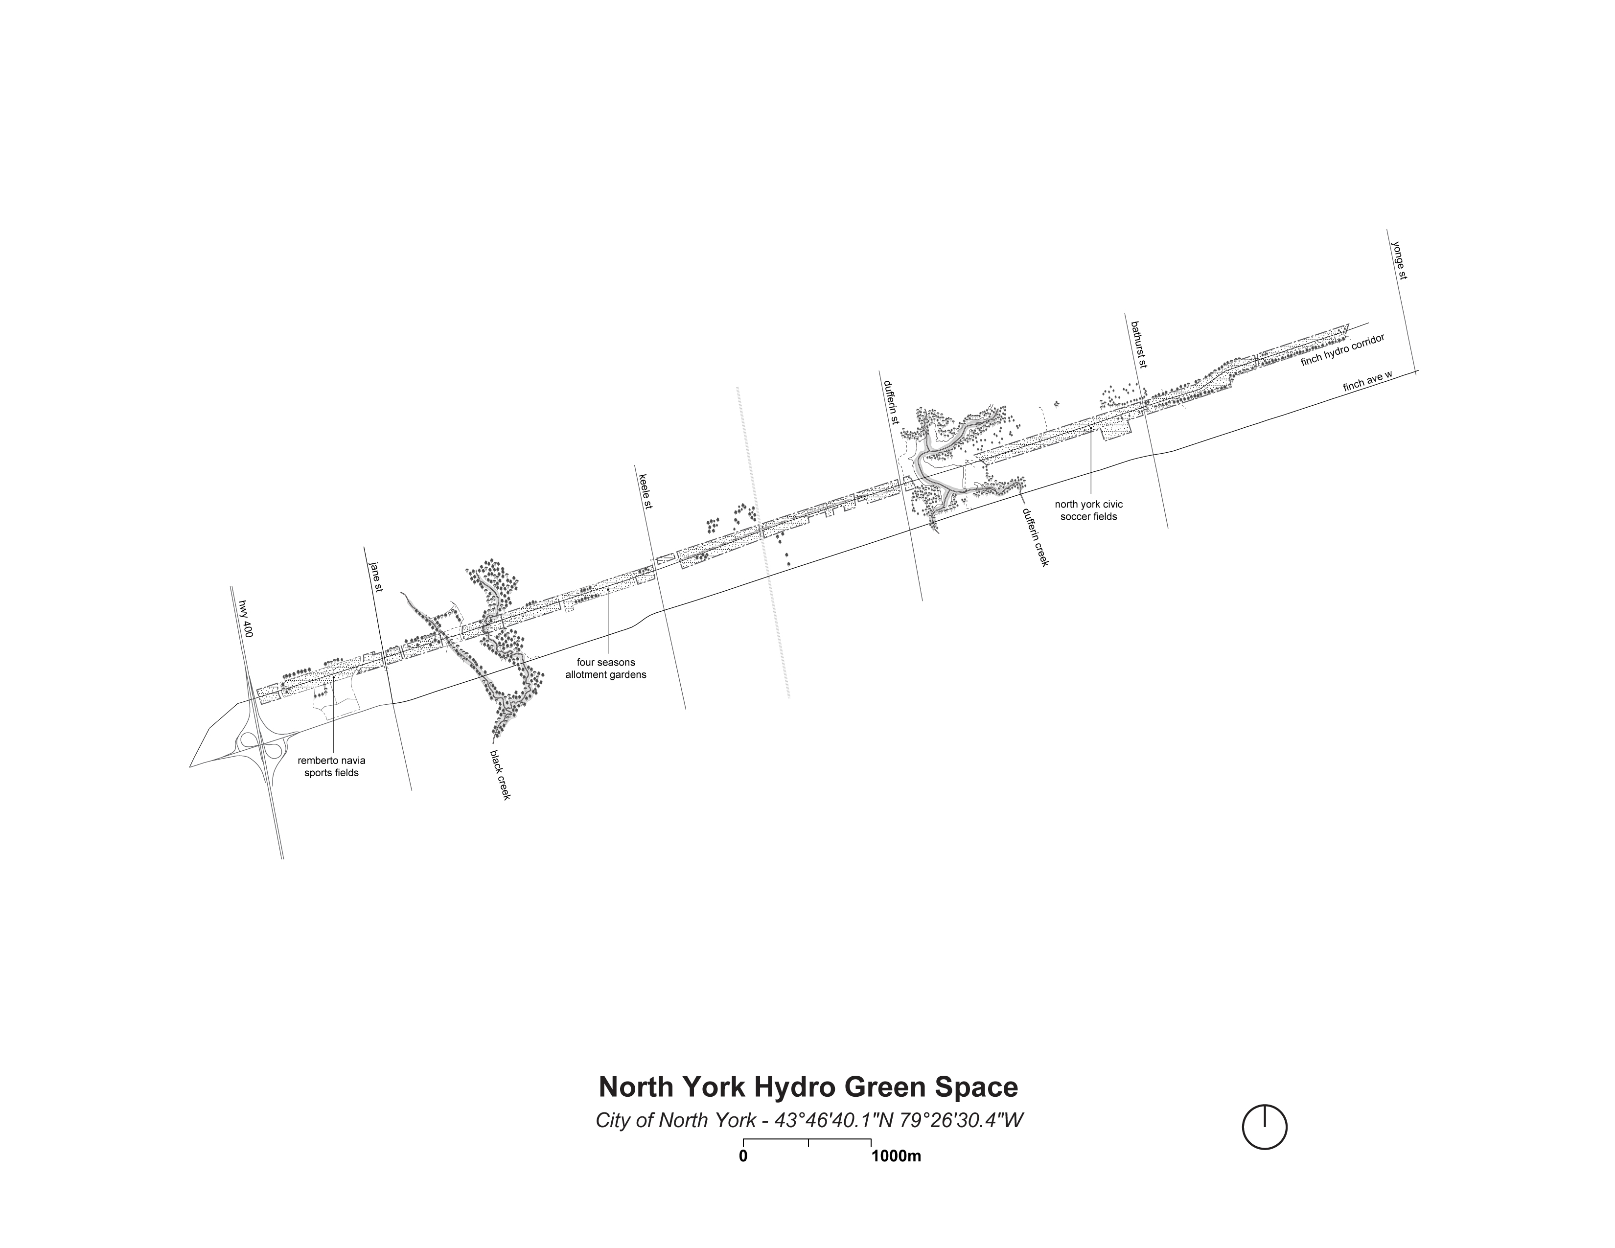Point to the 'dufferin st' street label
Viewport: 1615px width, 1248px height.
(x=890, y=402)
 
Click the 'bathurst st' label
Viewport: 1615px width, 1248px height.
(x=1138, y=344)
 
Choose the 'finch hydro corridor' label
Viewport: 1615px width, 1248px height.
(x=1341, y=350)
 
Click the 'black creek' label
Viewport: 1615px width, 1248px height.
(x=500, y=774)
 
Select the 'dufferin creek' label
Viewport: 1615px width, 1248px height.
(x=1035, y=537)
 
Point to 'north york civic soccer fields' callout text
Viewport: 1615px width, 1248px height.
(x=1088, y=510)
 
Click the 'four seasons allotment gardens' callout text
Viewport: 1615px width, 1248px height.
(x=606, y=669)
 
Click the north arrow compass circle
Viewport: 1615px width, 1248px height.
(x=1265, y=1128)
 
